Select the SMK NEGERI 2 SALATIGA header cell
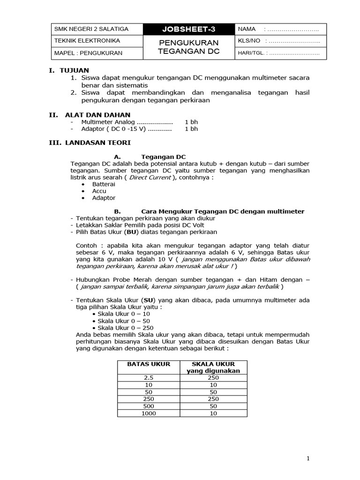[91, 29]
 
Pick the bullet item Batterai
[104, 184]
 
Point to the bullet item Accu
[99, 191]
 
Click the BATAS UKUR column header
[149, 364]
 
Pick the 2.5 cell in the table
[149, 377]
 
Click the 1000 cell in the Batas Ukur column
[149, 413]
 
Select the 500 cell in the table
[149, 406]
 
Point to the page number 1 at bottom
[308, 459]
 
